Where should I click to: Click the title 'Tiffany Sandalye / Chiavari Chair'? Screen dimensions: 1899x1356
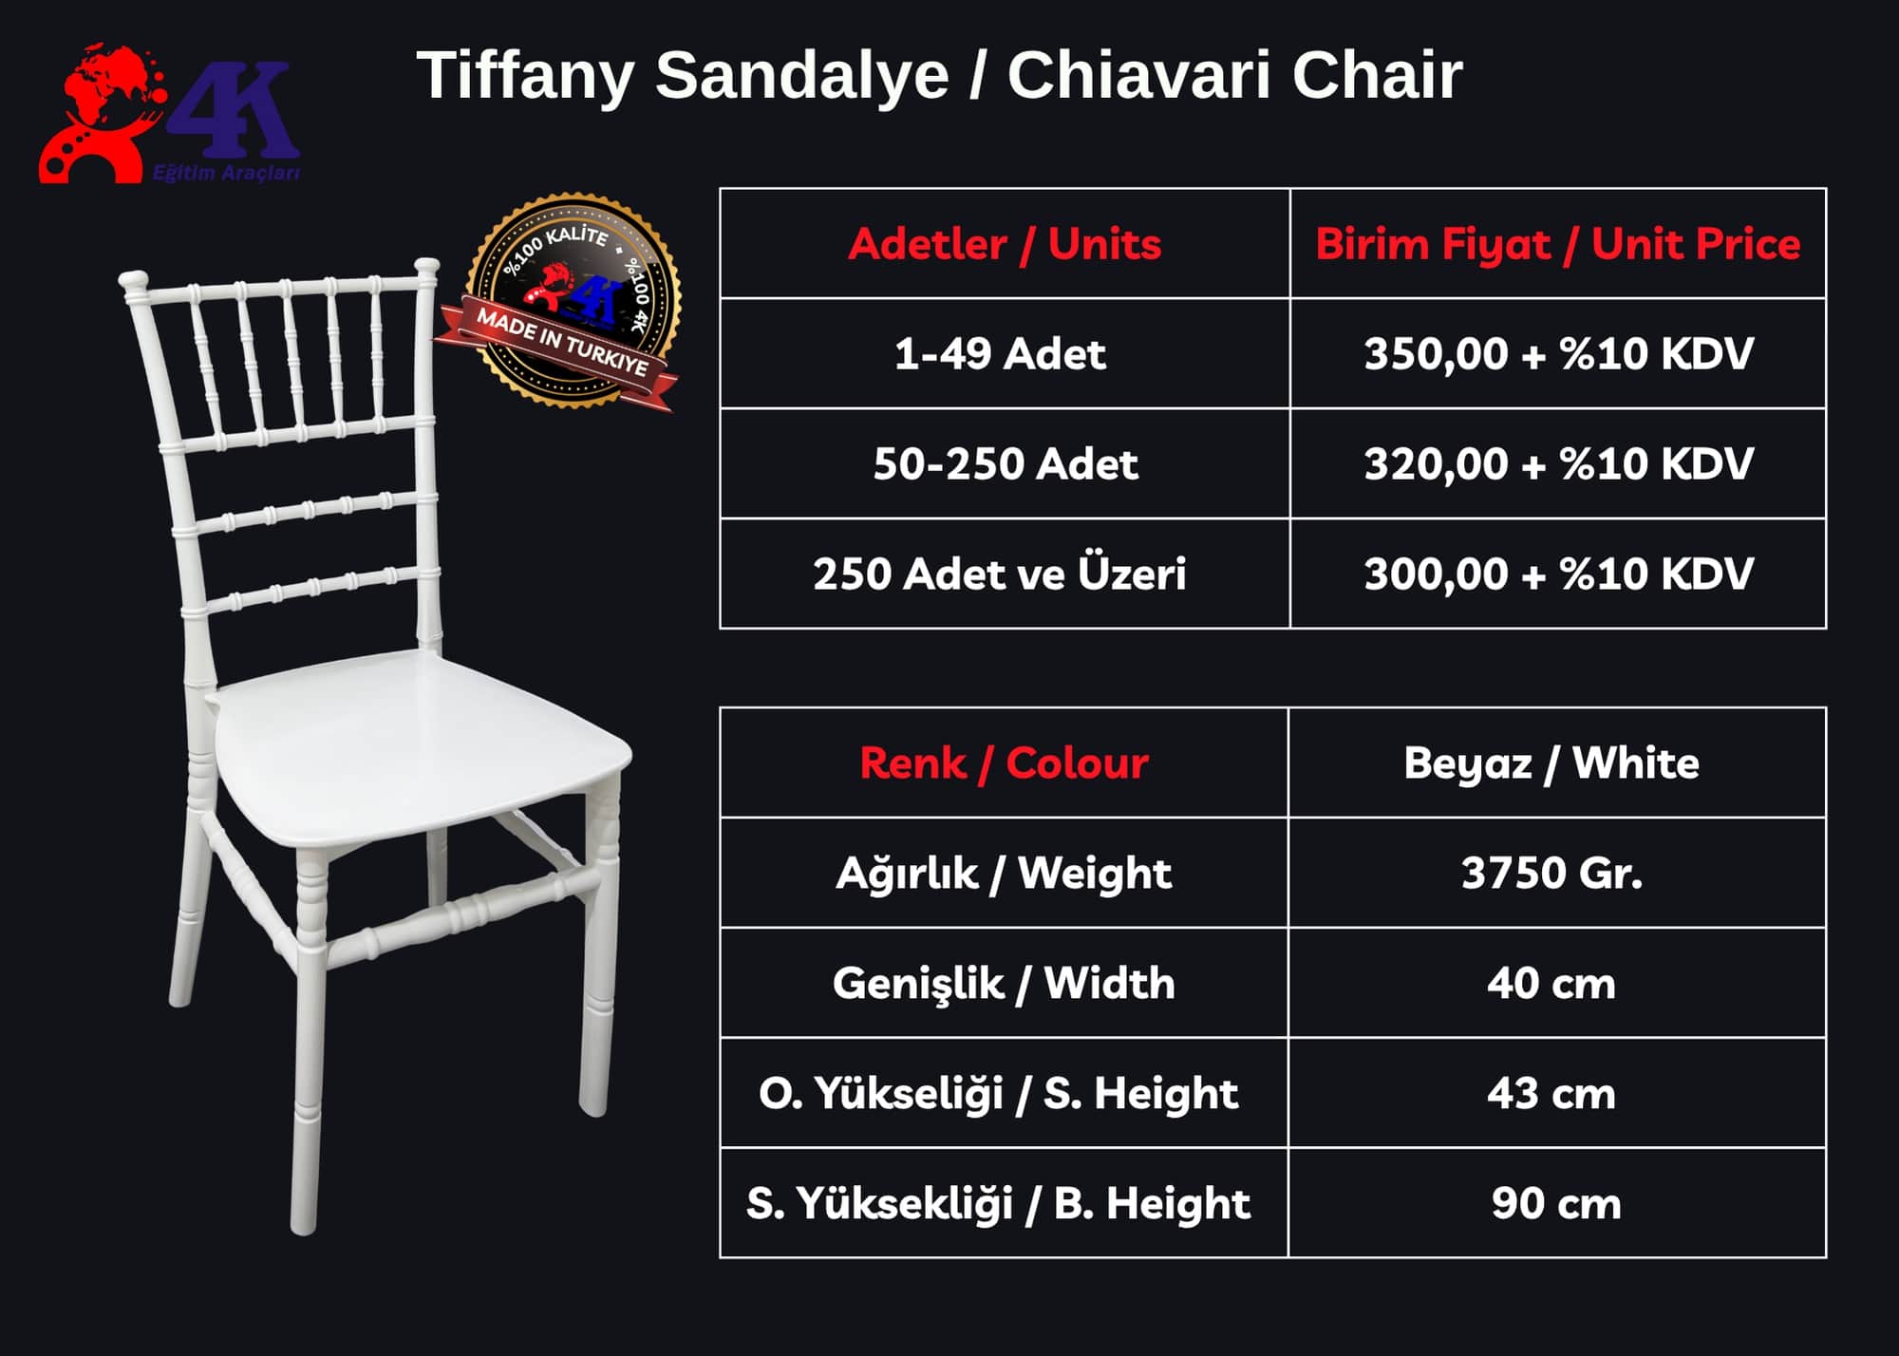(x=939, y=74)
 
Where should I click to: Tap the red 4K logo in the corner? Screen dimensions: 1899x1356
(x=169, y=113)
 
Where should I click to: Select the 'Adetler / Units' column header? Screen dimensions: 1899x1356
(x=1005, y=244)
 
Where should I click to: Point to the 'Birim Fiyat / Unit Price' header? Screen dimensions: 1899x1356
(x=1557, y=244)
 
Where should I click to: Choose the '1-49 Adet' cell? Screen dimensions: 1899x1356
(x=1000, y=354)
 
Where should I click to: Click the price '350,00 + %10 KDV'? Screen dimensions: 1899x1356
(x=1558, y=354)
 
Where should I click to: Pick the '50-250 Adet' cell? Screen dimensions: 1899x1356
(x=1005, y=464)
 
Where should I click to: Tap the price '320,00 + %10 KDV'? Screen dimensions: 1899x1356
(x=1558, y=464)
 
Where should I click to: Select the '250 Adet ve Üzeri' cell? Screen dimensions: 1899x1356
(x=999, y=574)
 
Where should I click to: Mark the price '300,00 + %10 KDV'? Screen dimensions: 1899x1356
(x=1558, y=574)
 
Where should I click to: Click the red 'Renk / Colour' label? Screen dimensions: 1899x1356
(x=1004, y=763)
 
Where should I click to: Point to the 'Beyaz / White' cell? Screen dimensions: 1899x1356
(x=1551, y=763)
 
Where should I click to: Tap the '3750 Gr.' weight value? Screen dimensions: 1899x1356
(x=1551, y=873)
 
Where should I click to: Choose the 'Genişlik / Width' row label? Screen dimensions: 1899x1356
(x=1004, y=983)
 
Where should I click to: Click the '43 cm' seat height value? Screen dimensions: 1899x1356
(x=1551, y=1093)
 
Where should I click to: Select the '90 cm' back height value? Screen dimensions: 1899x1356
(x=1555, y=1203)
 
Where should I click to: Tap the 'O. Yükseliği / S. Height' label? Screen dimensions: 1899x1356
(x=998, y=1093)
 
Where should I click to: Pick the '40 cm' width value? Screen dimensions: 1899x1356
(x=1551, y=983)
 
